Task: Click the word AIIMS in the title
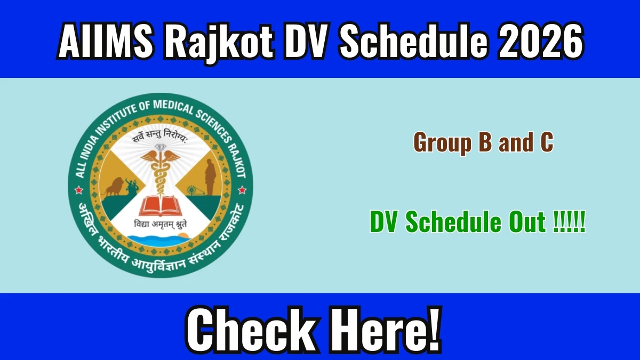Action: (105, 41)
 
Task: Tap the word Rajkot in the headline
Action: (218, 43)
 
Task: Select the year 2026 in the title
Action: (541, 41)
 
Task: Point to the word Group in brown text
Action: (442, 143)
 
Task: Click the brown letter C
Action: (547, 142)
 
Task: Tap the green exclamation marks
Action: (569, 222)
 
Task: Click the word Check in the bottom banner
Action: (251, 330)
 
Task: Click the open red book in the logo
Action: (160, 206)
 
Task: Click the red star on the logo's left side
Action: (78, 190)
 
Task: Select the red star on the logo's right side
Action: (242, 190)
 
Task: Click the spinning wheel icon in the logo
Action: (191, 190)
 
